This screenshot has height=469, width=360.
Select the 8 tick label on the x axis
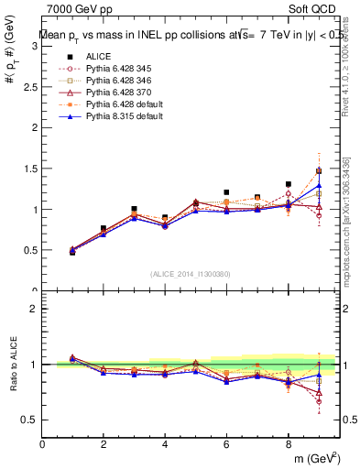point(288,444)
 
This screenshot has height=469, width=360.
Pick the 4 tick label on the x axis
point(165,444)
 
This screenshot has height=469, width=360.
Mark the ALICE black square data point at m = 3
point(134,209)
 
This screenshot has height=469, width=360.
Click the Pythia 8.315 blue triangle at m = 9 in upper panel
point(319,185)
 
